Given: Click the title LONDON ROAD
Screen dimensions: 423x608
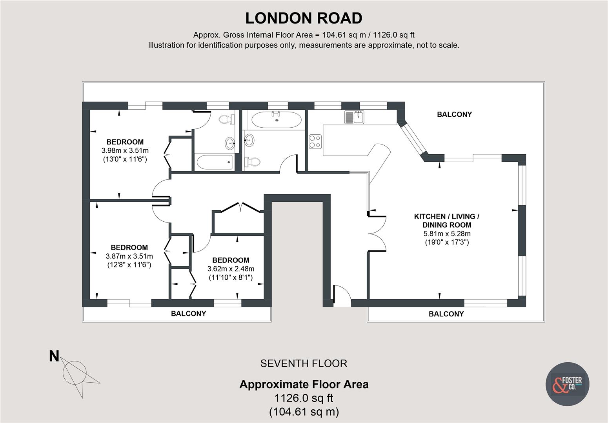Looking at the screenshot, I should tap(304, 18).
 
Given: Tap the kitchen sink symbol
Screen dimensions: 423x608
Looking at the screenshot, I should tap(355, 117).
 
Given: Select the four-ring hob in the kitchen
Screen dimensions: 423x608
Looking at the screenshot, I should tap(315, 141).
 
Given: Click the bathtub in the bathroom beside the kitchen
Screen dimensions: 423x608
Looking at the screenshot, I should tap(276, 119).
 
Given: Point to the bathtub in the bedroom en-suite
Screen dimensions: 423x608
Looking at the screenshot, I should tap(214, 162).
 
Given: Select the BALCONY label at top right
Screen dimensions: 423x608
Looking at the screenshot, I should tap(454, 114).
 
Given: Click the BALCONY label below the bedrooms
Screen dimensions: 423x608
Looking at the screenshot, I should tap(188, 313).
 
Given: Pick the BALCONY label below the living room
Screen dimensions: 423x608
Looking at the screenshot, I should tap(446, 314).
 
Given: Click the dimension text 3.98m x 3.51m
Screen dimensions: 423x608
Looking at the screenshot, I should tap(125, 150).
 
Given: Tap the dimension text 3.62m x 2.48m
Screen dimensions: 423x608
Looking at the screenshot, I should tap(231, 269).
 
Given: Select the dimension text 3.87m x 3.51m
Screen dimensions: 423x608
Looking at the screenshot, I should tap(129, 256).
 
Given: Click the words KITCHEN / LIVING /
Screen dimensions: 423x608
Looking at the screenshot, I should tap(447, 216).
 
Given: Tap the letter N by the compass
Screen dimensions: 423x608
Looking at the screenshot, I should tap(54, 356).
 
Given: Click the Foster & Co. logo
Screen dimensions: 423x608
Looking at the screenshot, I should tap(567, 383).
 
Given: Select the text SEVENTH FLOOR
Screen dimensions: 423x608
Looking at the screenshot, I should tap(304, 363).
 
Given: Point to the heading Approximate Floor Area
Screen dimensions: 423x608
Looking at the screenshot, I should tap(304, 384).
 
